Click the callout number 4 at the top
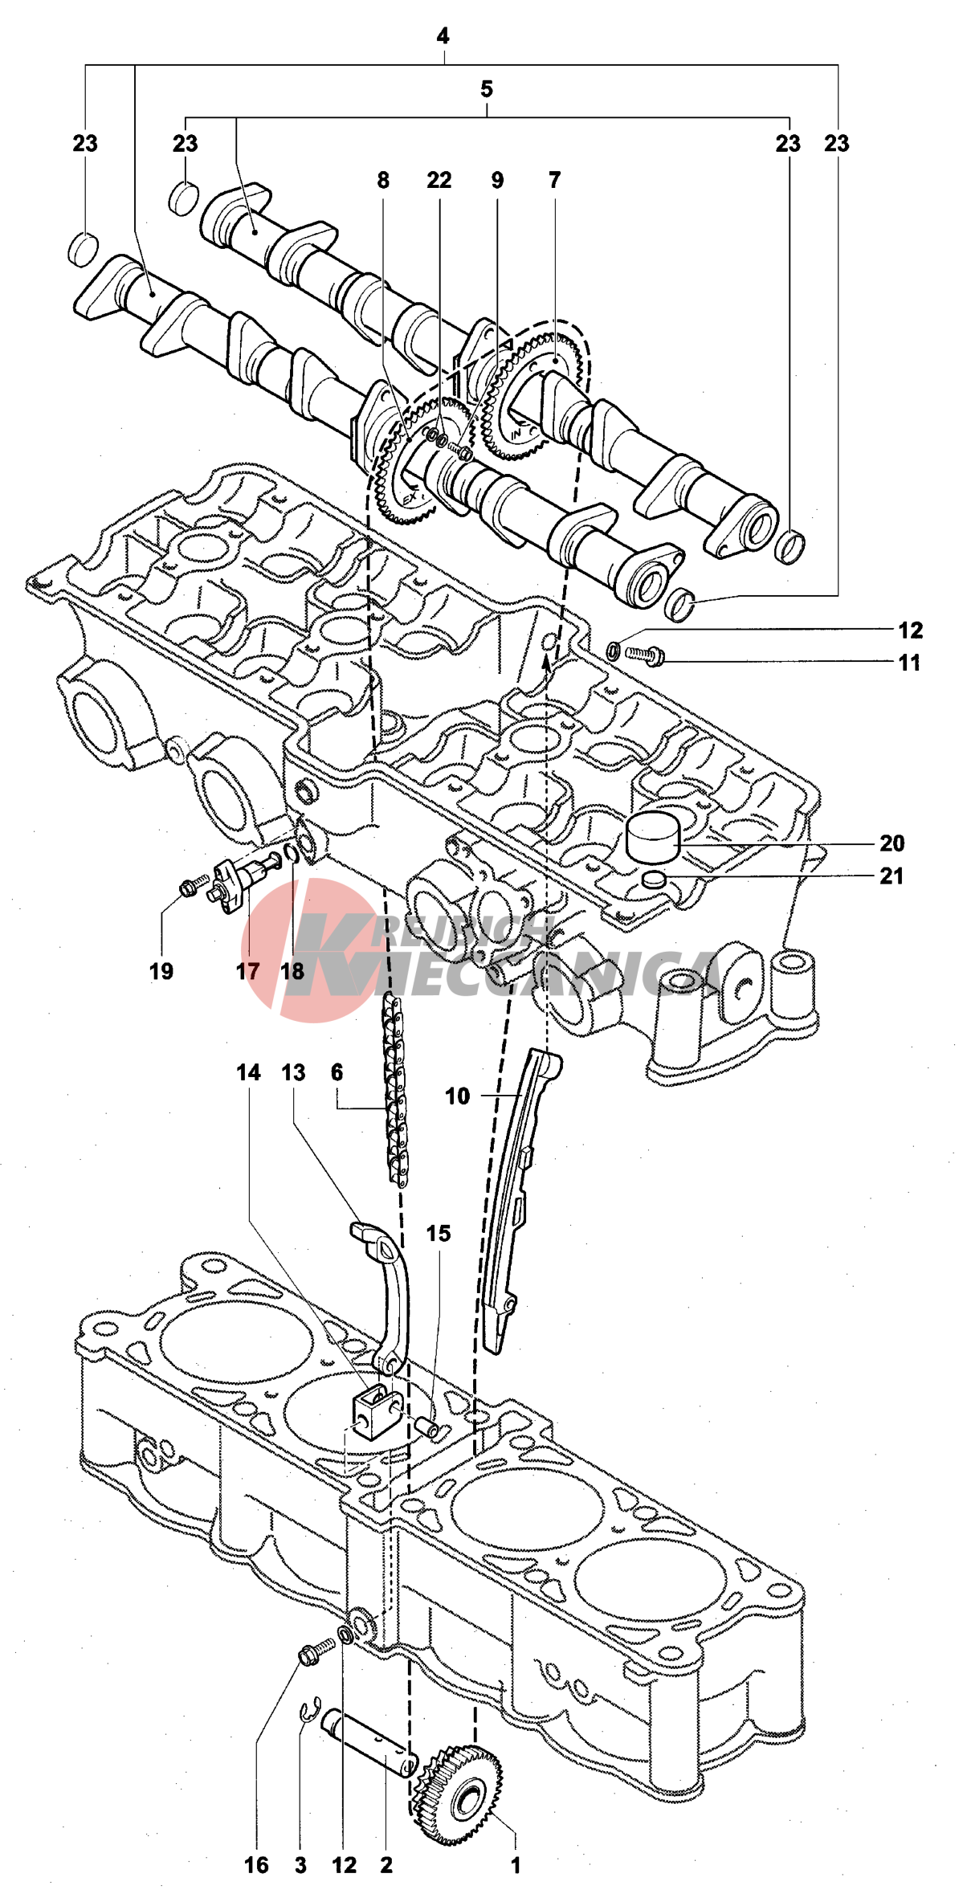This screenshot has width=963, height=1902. pos(443,36)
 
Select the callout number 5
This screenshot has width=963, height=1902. pos(487,89)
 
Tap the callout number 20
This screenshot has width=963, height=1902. pos(892,843)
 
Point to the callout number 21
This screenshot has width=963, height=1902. pos(892,876)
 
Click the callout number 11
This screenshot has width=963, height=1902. pos(909,663)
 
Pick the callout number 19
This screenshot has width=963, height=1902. pos(161,972)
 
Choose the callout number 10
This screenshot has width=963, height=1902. pos(457,1096)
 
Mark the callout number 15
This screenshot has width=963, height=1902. pos(439,1234)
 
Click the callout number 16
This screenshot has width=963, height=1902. pos(257,1865)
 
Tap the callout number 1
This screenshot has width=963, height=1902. pos(516,1865)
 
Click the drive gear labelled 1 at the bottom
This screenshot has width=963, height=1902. pos(459,1783)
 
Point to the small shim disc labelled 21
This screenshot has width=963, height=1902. pos(655,879)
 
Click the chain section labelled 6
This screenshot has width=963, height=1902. pos(396,1084)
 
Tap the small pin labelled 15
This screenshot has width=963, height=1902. pos(426,1427)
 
